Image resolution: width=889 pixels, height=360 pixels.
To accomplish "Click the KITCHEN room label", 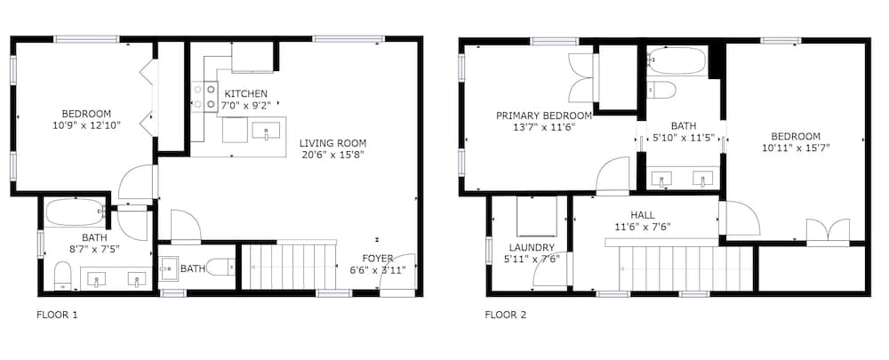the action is coord(245,93).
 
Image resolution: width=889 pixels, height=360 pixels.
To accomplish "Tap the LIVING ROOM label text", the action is coord(332,143).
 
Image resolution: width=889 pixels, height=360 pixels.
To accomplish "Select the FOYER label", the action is coord(378,259).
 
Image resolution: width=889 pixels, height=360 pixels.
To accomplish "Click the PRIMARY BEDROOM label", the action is coord(544,116).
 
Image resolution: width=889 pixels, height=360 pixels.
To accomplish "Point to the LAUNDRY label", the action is coord(532,247).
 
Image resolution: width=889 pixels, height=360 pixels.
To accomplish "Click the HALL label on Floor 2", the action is coord(643,215).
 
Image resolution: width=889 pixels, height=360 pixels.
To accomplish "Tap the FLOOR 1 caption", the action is coord(57,315).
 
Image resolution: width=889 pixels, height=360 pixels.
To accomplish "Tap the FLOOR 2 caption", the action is coord(505,315).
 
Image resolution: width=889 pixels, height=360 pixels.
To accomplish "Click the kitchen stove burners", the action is coord(204,96).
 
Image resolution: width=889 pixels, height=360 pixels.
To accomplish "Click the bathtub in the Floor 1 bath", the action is coord(75,212).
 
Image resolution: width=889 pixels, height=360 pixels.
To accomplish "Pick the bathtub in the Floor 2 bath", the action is coord(677,60).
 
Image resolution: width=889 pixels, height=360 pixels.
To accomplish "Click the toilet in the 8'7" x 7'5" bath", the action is coord(62,276).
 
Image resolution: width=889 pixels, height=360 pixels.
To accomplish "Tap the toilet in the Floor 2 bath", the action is coord(661,90).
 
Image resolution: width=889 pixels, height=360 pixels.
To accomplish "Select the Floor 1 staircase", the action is coord(289,266).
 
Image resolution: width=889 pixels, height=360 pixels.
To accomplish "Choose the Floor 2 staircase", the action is coord(685,268).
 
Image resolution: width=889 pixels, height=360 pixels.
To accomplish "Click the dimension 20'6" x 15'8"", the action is coord(332,155).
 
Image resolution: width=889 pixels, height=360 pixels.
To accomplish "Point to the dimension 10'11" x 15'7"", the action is coord(796,148).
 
